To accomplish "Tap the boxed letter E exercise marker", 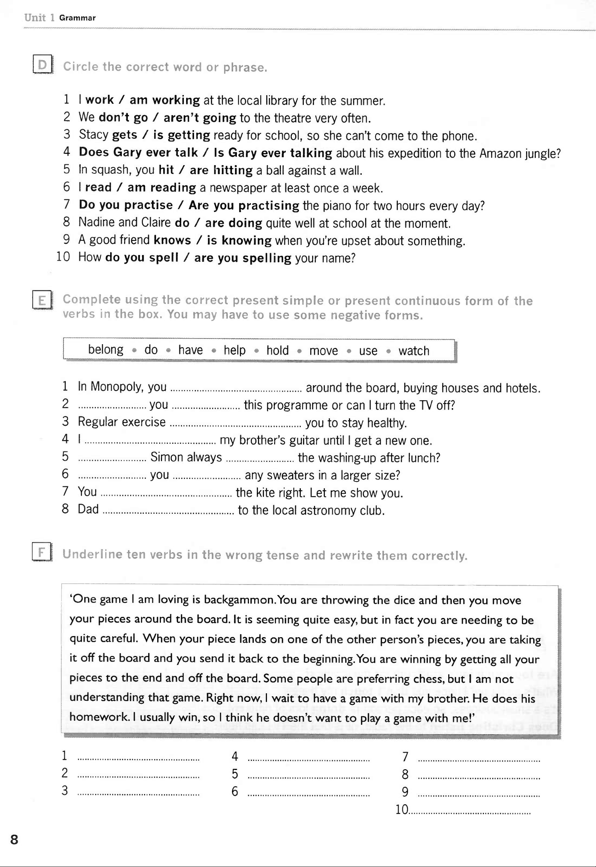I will click(x=42, y=300).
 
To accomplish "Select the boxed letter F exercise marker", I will click(x=42, y=553).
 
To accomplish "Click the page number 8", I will click(x=14, y=840).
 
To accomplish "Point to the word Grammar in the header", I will click(x=77, y=18).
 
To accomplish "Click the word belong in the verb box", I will click(x=106, y=350).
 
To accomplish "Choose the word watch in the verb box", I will click(x=414, y=351).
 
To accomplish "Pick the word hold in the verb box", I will click(x=278, y=350).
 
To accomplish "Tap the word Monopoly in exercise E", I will click(x=117, y=387).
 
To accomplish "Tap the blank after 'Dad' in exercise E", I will click(x=168, y=510).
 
